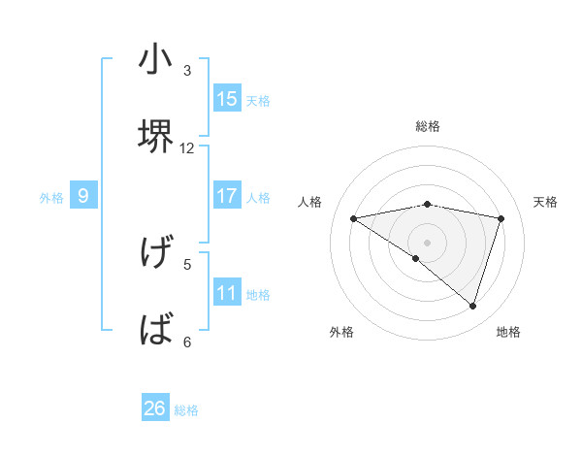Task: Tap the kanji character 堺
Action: coord(155,136)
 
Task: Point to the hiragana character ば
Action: coord(155,330)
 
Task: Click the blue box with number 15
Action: coord(227,98)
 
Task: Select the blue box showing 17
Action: coord(227,196)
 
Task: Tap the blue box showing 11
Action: coord(227,293)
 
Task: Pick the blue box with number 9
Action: coord(83,196)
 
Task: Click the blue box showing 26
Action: coord(155,408)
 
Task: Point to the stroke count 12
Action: coord(187,147)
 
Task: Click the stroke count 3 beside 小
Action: coord(187,71)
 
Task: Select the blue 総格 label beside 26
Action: coord(186,410)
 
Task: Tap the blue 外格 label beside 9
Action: coord(51,198)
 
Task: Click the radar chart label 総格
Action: coord(427,126)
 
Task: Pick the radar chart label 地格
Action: coord(508,332)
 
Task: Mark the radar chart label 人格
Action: coord(310,202)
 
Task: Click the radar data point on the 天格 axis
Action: coord(501,218)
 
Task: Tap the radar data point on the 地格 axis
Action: coord(472,306)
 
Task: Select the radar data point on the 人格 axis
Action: coord(353,218)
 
